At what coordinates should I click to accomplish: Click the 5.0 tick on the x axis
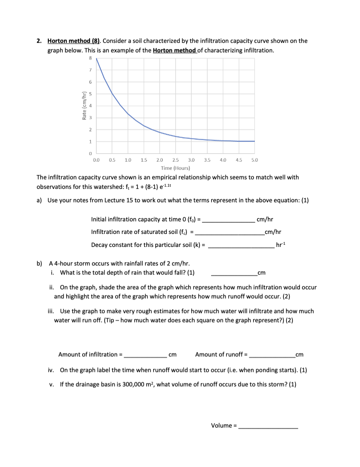pyautogui.click(x=254, y=160)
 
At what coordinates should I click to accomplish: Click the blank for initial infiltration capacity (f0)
pyautogui.click(x=229, y=220)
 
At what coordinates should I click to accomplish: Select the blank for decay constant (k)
pyautogui.click(x=241, y=245)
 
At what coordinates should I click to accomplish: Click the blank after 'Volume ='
pyautogui.click(x=268, y=426)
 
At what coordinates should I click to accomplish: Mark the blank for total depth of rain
pyautogui.click(x=234, y=273)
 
